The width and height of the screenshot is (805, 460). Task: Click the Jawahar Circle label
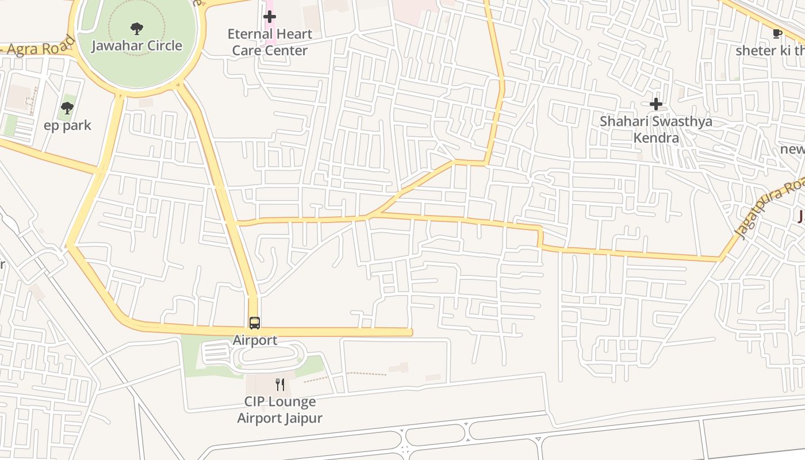click(x=137, y=45)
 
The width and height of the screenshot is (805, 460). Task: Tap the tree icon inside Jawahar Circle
click(x=136, y=28)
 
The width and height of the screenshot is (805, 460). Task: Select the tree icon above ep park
click(x=67, y=108)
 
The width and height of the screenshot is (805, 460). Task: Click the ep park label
click(x=67, y=125)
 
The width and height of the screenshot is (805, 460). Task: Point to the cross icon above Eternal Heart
click(x=269, y=17)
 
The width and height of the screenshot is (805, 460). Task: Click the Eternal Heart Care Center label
click(x=270, y=42)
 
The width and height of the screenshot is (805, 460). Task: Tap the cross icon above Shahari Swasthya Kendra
click(x=655, y=104)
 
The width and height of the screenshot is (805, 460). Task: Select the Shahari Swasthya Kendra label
click(x=656, y=129)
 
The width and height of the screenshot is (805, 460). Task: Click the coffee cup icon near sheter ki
click(x=777, y=33)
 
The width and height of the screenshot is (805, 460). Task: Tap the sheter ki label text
click(x=769, y=51)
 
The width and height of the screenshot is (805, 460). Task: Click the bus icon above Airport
click(x=254, y=323)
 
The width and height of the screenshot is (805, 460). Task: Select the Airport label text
click(x=255, y=340)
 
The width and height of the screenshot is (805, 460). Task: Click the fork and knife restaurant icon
click(x=280, y=384)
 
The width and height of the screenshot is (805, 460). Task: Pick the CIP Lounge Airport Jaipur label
click(x=280, y=409)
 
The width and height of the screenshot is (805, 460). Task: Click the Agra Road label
click(x=37, y=48)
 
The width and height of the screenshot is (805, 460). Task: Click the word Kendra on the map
click(x=656, y=138)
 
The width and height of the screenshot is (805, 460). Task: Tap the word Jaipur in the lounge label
click(x=302, y=418)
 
